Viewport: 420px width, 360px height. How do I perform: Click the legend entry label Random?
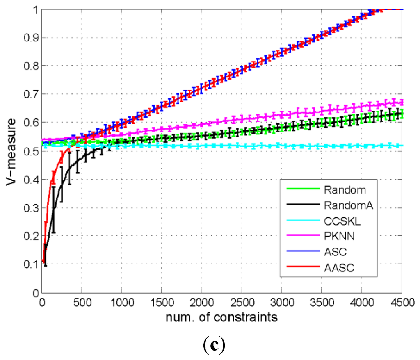coord(338,190)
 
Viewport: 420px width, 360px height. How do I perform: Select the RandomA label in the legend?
coord(342,205)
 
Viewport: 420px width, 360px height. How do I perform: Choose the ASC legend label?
coord(333,251)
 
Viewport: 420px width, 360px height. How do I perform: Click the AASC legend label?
coord(336,267)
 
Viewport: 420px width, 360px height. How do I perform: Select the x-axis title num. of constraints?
coord(222,317)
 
